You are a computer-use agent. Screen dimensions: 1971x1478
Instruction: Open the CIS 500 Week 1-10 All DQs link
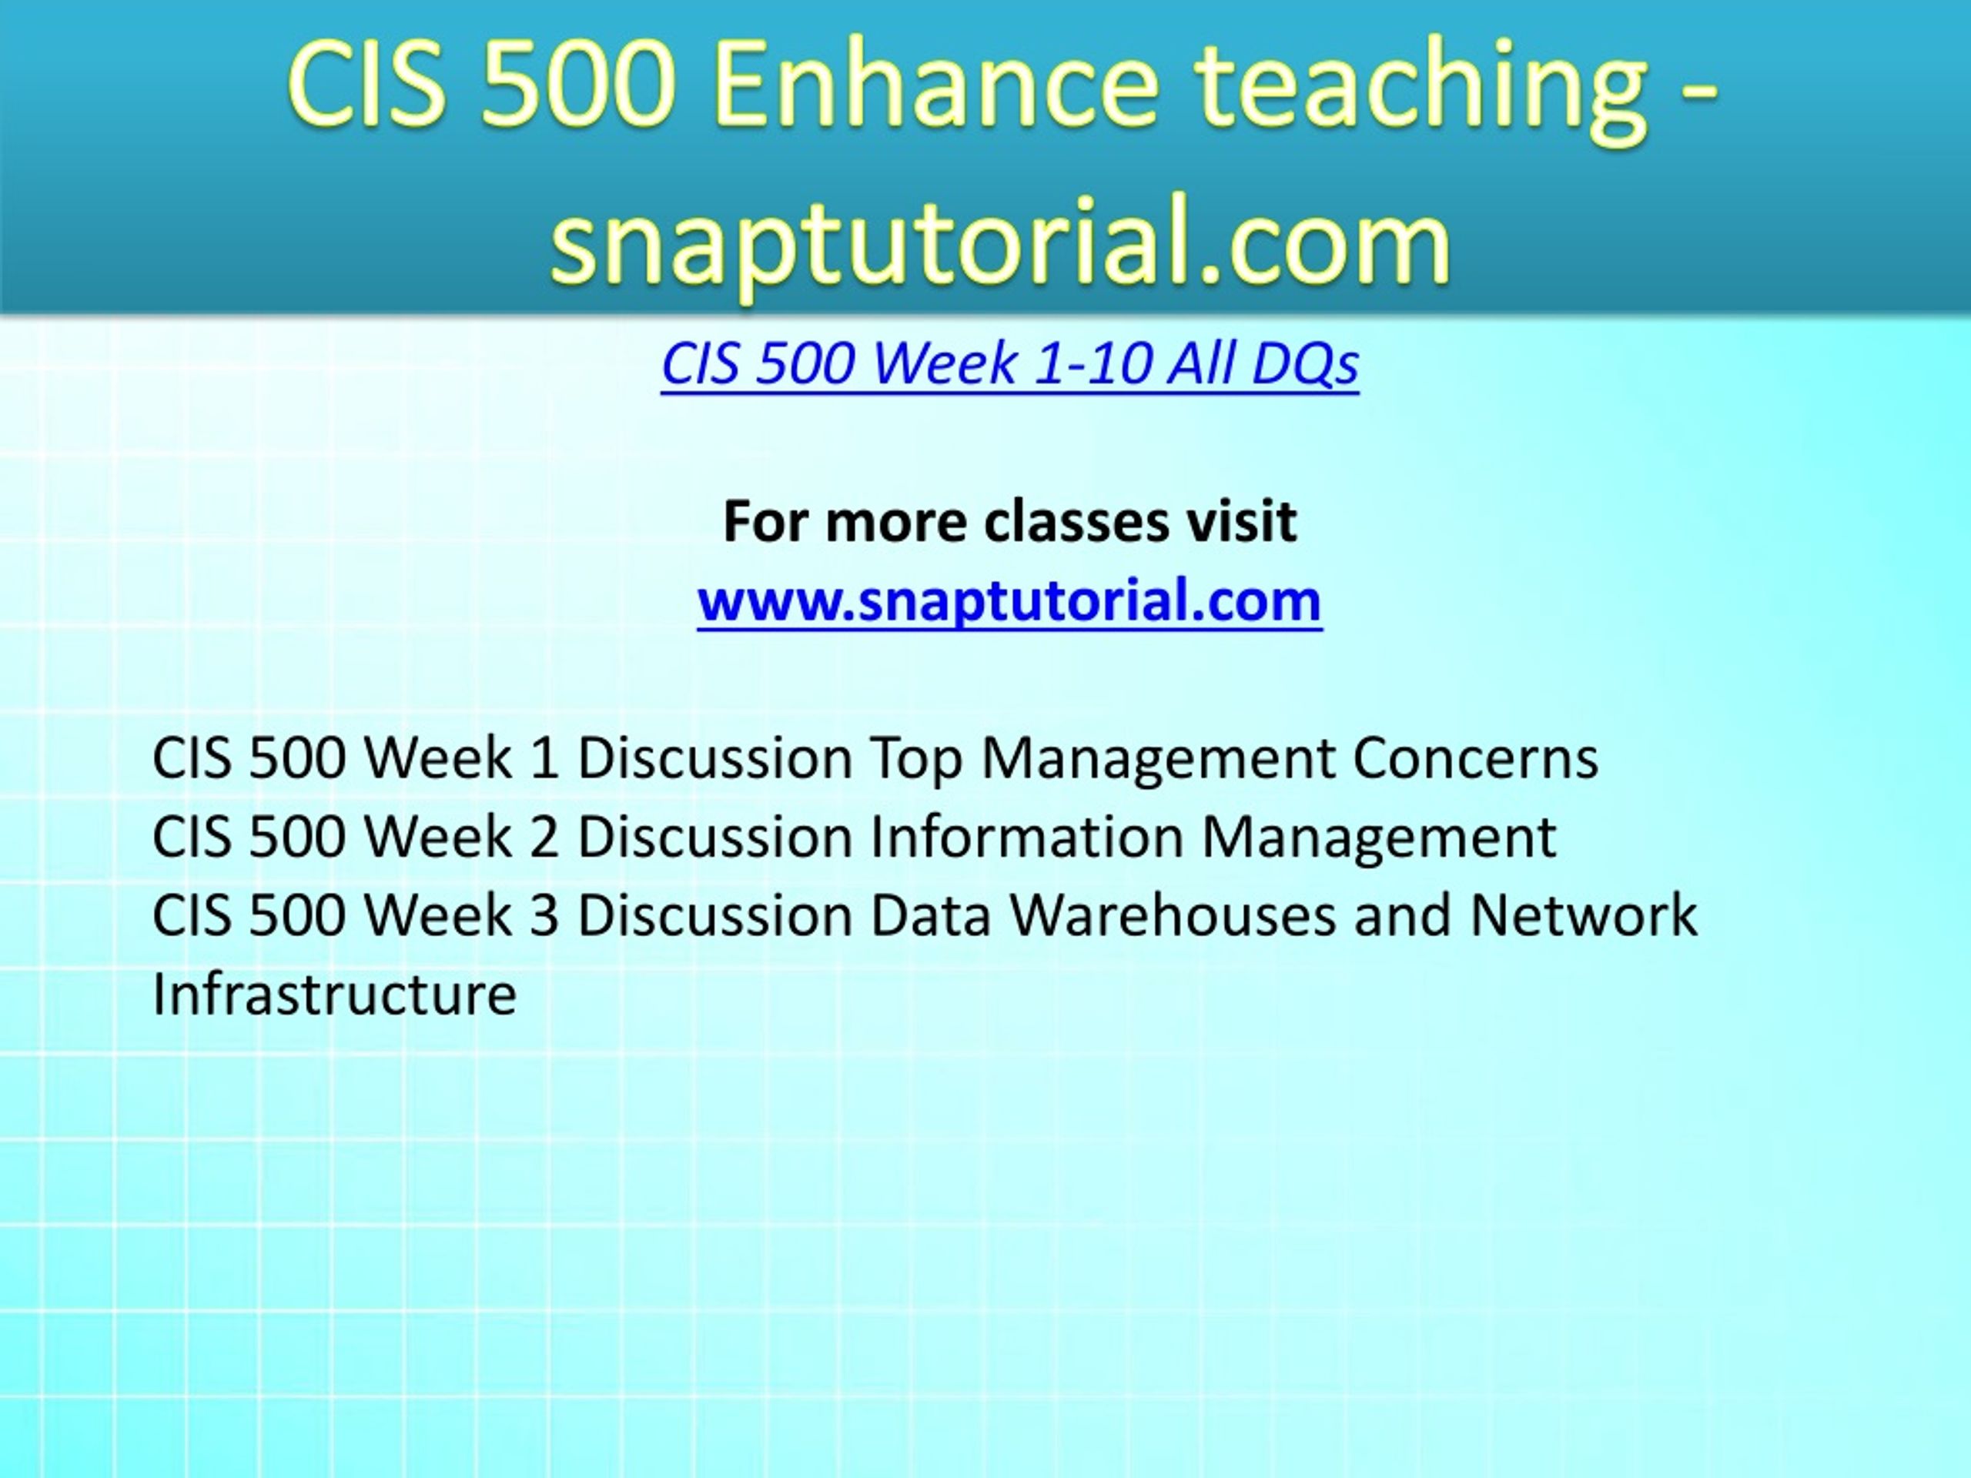coord(1009,363)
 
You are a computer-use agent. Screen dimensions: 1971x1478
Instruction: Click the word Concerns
coord(1476,758)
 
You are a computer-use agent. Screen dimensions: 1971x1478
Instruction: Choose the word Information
coord(1026,837)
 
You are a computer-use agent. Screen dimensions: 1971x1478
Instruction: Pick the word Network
coord(1584,915)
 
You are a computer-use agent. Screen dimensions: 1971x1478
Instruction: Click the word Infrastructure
coord(334,993)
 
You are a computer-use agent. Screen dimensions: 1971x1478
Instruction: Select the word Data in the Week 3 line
coord(930,915)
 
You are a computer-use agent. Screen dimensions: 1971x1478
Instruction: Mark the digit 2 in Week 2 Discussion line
coord(544,837)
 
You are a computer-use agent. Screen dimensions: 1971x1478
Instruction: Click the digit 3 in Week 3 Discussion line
coord(544,915)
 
